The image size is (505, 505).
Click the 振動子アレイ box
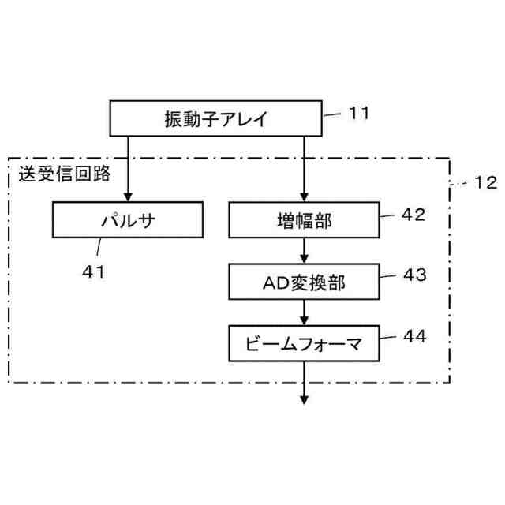coord(215,120)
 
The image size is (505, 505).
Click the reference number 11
coord(359,113)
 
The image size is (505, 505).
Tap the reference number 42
coord(413,214)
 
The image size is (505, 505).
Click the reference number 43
coord(413,275)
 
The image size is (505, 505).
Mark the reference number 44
coord(413,336)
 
